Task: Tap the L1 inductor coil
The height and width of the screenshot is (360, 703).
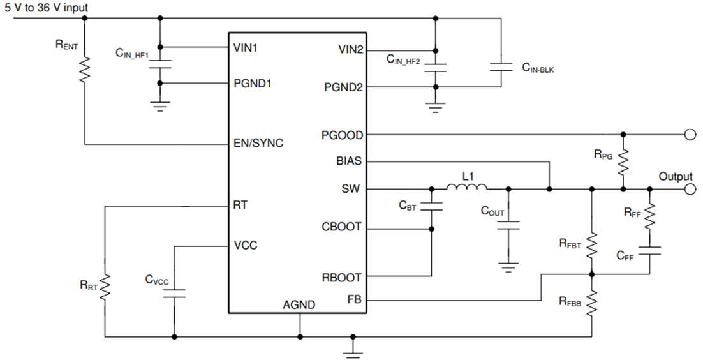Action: [x=466, y=188]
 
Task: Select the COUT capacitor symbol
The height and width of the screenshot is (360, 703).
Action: [x=509, y=225]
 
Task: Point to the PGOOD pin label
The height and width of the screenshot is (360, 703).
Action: [x=343, y=135]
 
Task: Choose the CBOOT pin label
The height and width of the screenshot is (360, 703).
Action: [x=342, y=227]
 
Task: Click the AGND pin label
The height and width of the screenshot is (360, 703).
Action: [x=299, y=305]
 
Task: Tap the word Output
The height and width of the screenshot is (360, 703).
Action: [x=676, y=176]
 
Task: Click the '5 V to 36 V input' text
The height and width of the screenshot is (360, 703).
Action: [x=47, y=8]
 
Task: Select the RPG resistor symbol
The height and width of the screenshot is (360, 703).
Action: [x=623, y=163]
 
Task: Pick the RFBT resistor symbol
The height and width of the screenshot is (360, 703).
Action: [x=592, y=243]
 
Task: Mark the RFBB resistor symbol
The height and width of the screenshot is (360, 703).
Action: [x=592, y=304]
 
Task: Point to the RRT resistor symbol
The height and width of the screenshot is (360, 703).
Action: [x=104, y=287]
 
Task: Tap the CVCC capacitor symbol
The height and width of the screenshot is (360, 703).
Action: [x=174, y=293]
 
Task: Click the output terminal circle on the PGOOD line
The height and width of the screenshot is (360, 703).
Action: [x=689, y=135]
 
